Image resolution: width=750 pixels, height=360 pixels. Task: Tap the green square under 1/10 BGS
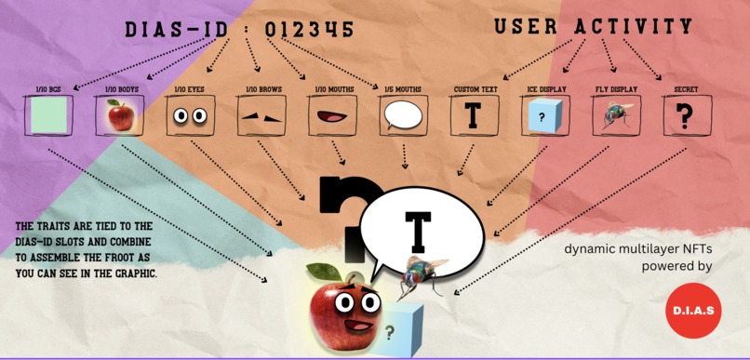click(x=47, y=116)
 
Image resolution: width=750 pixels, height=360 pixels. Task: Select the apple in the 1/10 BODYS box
click(x=118, y=116)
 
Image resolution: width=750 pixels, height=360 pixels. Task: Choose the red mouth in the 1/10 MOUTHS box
click(x=331, y=117)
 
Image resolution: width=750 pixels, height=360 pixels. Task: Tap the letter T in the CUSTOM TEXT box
click(x=474, y=116)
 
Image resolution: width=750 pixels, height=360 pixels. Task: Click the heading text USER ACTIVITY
click(x=593, y=27)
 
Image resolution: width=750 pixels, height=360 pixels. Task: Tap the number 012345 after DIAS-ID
click(x=308, y=30)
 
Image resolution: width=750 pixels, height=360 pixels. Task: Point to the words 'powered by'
click(x=676, y=266)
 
